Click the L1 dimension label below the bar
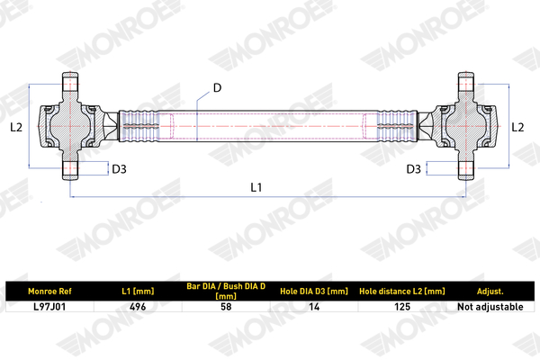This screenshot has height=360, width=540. click(x=256, y=187)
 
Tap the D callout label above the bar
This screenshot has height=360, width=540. click(x=217, y=88)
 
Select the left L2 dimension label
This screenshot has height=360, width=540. click(x=16, y=127)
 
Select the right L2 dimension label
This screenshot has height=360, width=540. click(x=517, y=127)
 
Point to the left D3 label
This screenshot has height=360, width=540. click(x=119, y=169)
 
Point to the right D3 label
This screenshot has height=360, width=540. click(x=414, y=169)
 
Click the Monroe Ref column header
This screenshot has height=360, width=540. click(x=49, y=292)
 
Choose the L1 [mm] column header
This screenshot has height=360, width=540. click(x=138, y=292)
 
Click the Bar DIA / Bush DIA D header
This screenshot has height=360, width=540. click(x=226, y=291)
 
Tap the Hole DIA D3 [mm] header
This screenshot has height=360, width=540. click(x=314, y=292)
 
